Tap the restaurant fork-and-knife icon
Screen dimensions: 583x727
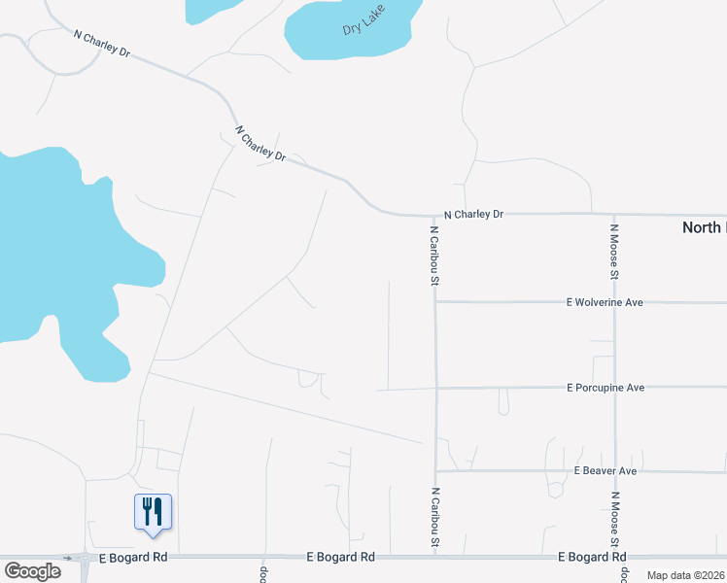[153, 510]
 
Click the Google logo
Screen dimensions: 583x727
[32, 570]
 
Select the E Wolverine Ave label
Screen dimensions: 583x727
[605, 302]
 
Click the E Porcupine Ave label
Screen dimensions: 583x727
[606, 388]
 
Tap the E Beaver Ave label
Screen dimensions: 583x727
[605, 471]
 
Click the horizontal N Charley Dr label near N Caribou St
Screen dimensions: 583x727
[473, 214]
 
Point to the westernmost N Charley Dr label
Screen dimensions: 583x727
[102, 44]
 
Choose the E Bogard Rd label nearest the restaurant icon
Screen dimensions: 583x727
[135, 558]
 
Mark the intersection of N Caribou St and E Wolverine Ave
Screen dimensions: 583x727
[435, 302]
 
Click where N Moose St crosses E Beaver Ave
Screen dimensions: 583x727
[614, 472]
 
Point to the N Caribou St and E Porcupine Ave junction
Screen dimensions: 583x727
[435, 388]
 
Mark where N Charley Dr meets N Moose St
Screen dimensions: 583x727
[614, 214]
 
